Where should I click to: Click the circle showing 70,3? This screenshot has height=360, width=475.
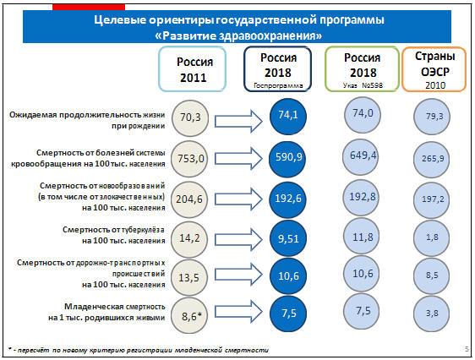point(190,118)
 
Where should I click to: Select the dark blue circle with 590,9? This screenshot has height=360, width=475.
point(287,159)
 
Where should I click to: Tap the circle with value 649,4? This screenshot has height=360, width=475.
point(361,157)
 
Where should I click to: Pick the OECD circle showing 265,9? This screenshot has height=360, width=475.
point(431,160)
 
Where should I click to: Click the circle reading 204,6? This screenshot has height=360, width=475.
point(189,199)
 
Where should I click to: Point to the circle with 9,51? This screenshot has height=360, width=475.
point(288,238)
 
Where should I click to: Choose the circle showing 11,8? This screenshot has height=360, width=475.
point(362,237)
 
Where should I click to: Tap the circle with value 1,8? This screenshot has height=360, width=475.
point(431,238)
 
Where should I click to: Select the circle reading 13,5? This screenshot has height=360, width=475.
point(189,277)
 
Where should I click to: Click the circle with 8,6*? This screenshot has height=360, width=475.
point(189,316)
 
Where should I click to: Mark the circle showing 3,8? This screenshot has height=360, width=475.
point(431,314)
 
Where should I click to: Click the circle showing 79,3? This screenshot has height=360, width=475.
point(432,117)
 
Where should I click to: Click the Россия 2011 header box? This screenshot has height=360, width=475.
point(193,69)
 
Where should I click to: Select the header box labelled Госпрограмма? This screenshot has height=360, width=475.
point(278,68)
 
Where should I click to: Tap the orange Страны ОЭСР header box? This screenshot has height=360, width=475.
point(434,69)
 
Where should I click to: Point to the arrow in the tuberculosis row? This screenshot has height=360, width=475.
point(238,240)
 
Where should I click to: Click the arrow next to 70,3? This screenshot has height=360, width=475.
point(238,122)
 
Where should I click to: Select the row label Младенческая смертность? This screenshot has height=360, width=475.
point(114,307)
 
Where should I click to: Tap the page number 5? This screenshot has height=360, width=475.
point(467,349)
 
